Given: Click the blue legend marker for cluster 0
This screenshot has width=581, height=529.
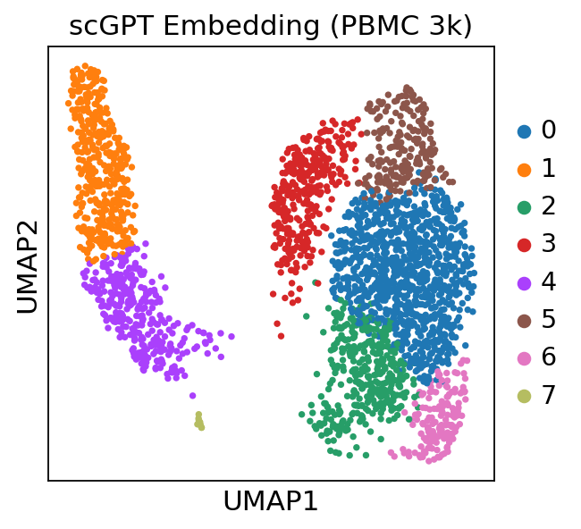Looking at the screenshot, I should [525, 131].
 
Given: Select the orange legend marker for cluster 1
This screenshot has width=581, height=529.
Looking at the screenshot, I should [525, 169].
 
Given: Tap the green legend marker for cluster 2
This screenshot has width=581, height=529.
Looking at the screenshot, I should [525, 207].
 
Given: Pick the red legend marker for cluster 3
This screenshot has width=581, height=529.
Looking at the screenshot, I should [525, 245].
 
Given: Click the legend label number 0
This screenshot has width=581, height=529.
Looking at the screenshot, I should [549, 130].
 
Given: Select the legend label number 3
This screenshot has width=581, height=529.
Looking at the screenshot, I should [549, 244].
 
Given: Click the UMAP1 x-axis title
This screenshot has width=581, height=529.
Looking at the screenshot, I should [271, 501].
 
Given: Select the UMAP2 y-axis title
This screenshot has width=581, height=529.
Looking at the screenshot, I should [28, 266].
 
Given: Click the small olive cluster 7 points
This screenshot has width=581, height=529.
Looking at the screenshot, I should [199, 420].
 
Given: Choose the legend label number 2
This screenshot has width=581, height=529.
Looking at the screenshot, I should [549, 206].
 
